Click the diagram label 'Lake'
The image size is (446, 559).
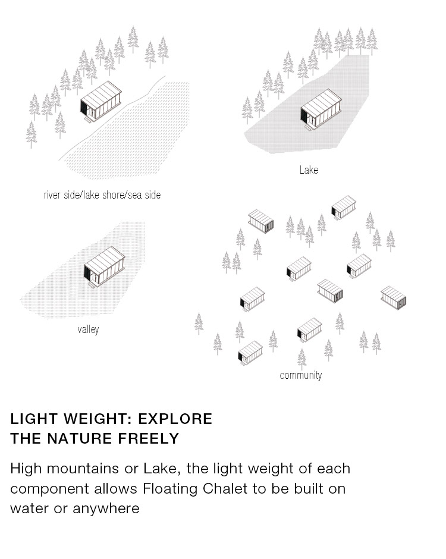click(x=309, y=169)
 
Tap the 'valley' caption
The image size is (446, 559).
click(x=88, y=329)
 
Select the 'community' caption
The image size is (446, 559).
click(x=300, y=375)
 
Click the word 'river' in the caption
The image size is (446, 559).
click(x=52, y=195)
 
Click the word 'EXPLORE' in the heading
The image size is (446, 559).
click(x=175, y=419)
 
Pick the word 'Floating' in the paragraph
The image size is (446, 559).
click(x=170, y=489)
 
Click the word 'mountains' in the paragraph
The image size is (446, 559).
click(x=83, y=469)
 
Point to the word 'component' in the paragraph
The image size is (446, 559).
click(x=49, y=489)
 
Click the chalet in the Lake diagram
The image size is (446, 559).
click(x=321, y=109)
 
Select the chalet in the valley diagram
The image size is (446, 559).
click(x=104, y=266)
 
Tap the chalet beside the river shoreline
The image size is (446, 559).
click(x=100, y=101)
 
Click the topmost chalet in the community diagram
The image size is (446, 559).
click(x=344, y=207)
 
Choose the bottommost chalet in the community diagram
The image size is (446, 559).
click(x=250, y=353)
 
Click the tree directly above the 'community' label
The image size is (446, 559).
click(x=302, y=358)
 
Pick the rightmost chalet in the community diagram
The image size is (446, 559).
click(x=394, y=298)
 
